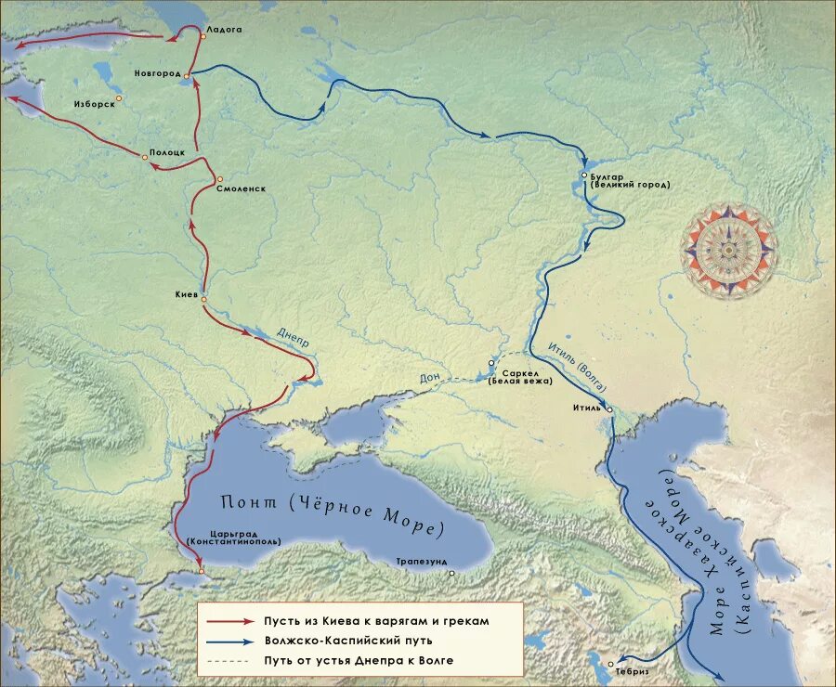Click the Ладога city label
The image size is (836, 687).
click(224, 30)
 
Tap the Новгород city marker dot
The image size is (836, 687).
click(187, 75)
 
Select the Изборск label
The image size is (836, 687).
click(94, 104)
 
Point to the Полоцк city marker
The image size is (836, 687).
click(145, 158)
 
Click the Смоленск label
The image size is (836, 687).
click(241, 188)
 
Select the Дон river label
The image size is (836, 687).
click(429, 377)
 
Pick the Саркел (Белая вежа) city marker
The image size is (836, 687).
click(491, 363)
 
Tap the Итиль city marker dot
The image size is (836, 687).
click(609, 409)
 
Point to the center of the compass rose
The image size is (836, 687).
click(729, 250)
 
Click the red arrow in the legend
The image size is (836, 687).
click(229, 621)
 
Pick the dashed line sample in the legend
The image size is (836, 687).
click(229, 661)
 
